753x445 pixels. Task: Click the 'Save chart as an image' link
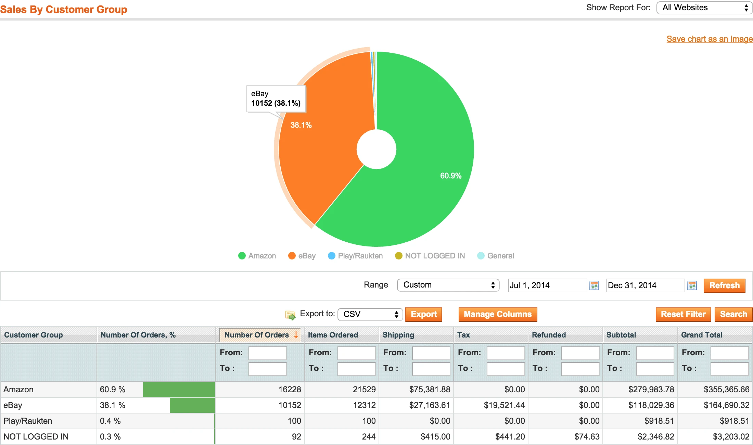[709, 39]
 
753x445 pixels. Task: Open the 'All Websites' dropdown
[704, 8]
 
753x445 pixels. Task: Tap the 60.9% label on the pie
[450, 176]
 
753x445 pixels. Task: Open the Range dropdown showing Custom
[448, 285]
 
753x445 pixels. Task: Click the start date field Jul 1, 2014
[547, 285]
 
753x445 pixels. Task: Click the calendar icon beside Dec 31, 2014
[692, 285]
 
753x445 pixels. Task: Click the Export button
[423, 314]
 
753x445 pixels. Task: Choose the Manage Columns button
[497, 314]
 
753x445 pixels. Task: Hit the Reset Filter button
[683, 314]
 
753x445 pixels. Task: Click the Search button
[733, 314]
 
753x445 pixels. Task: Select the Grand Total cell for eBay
[726, 405]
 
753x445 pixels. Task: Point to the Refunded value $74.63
[587, 437]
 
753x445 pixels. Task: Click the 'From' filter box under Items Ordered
[356, 353]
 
